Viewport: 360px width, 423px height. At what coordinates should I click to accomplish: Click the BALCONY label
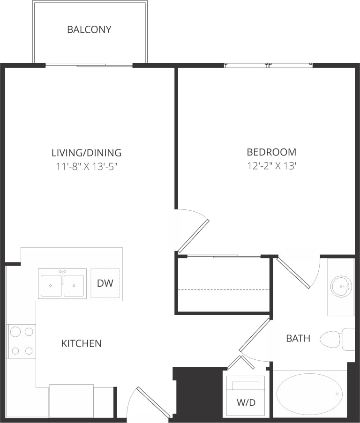tap(89, 30)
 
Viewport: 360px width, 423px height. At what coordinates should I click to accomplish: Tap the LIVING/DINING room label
tap(86, 153)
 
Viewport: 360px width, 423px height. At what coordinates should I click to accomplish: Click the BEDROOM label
tap(271, 152)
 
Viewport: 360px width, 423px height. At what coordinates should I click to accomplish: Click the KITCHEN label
tap(81, 343)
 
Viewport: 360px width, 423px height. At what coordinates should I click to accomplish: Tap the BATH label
tap(298, 338)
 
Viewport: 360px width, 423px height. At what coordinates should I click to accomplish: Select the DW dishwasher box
tap(105, 283)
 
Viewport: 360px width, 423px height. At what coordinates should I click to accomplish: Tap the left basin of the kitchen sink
tap(51, 285)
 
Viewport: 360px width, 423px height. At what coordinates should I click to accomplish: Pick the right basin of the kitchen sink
tap(74, 285)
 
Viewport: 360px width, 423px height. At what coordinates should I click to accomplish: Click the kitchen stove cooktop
tap(22, 341)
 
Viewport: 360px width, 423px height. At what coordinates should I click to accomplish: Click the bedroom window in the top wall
tap(268, 65)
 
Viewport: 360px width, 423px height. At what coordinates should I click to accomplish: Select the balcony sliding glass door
tap(89, 65)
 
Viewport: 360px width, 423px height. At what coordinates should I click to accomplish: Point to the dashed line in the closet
tap(224, 290)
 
